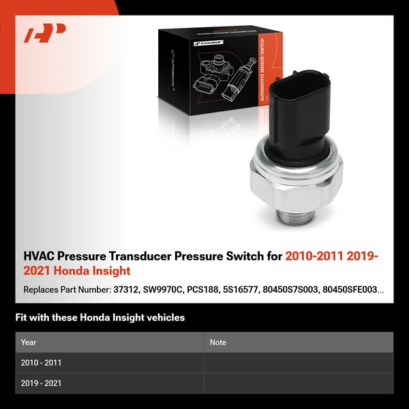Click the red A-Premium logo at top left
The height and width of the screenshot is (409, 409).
click(44, 33)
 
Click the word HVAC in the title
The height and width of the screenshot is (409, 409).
click(40, 256)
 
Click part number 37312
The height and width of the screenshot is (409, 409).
click(127, 290)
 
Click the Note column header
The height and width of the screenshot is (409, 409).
click(218, 342)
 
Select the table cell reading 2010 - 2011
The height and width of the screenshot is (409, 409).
click(41, 363)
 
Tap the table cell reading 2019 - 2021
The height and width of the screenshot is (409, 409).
click(41, 383)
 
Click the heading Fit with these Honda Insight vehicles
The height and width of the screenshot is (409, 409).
click(100, 318)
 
